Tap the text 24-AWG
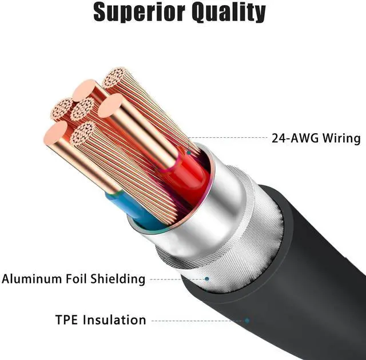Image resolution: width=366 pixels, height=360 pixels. coord(292,138)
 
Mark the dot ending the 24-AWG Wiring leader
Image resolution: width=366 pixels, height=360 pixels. coord(188,153)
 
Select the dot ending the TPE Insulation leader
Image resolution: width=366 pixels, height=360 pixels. coord(247,321)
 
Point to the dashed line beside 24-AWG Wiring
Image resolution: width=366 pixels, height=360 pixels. coord(229,138)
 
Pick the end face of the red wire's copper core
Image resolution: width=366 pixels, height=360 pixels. coord(110,106)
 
